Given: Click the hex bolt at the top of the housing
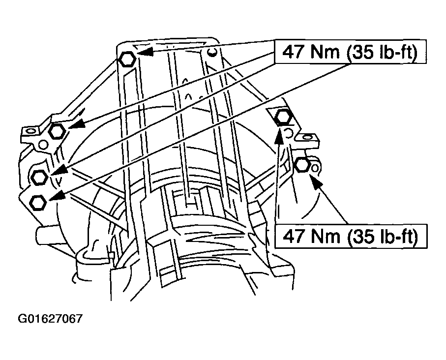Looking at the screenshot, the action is [126, 59].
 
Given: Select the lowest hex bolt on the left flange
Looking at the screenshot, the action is [38, 203].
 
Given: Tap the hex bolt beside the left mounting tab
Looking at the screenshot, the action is [58, 131].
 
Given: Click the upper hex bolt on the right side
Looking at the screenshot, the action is [283, 117].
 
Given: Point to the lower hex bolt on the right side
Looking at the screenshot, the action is [301, 164].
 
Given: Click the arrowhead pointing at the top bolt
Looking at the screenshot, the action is [145, 52].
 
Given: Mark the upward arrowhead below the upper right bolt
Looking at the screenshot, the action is [279, 137].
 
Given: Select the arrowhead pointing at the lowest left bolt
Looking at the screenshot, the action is [58, 196].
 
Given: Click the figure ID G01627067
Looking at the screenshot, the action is [50, 319].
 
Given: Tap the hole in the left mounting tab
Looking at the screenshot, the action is [30, 132].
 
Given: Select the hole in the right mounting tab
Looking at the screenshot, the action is [307, 138].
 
